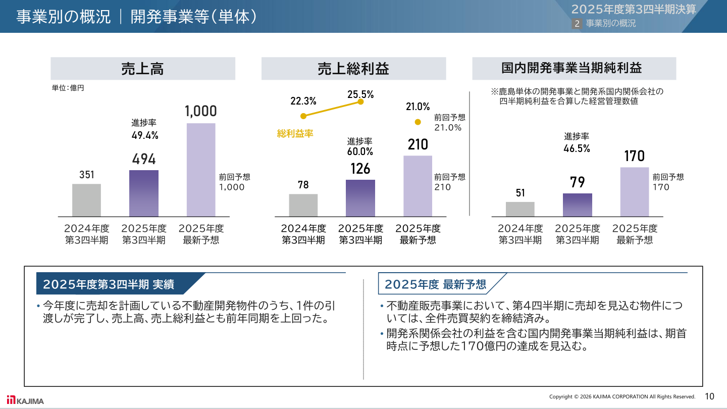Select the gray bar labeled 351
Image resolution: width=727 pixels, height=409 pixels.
(86, 200)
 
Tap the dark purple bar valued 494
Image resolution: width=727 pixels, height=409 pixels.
(144, 193)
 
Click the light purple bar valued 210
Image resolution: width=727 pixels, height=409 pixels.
(418, 186)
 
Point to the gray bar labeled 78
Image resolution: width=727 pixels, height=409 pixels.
(303, 205)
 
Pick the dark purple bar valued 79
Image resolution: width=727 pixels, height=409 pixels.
(578, 205)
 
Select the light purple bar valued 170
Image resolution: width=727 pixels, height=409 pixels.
(634, 192)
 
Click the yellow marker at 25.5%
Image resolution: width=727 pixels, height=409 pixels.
(360, 101)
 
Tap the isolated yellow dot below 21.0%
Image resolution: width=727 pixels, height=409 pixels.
(418, 122)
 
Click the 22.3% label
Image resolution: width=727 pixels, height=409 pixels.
(303, 101)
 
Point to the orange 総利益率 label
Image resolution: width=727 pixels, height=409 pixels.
(295, 134)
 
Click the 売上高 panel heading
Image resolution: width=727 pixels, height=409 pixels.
(143, 69)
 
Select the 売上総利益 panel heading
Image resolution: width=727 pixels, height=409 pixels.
(353, 69)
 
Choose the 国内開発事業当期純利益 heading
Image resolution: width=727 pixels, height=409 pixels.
(574, 68)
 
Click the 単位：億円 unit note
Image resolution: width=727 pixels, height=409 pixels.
(68, 88)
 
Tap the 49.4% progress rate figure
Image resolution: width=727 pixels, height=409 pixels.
(144, 135)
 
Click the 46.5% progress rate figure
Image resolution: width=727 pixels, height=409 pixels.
(577, 148)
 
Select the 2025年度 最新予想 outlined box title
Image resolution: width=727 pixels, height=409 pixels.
(435, 284)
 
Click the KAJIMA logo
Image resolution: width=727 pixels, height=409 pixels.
(25, 400)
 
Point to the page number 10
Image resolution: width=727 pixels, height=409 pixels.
(709, 396)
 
